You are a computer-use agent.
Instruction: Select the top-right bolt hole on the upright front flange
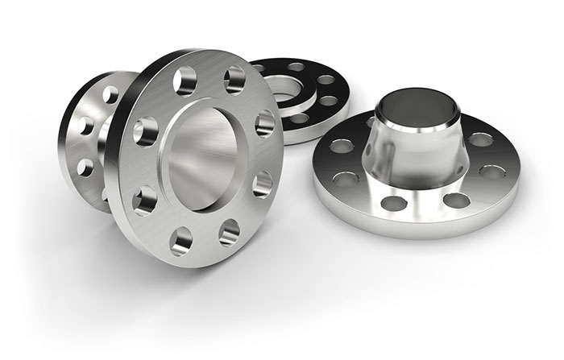(x=234, y=80)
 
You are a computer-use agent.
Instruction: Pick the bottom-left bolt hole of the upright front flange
(x=182, y=238)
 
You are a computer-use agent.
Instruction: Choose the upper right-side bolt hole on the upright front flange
(x=264, y=123)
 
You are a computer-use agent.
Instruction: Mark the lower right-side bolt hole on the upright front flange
(x=262, y=184)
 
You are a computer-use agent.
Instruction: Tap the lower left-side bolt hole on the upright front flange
(x=146, y=197)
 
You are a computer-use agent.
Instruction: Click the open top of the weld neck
(x=410, y=104)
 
